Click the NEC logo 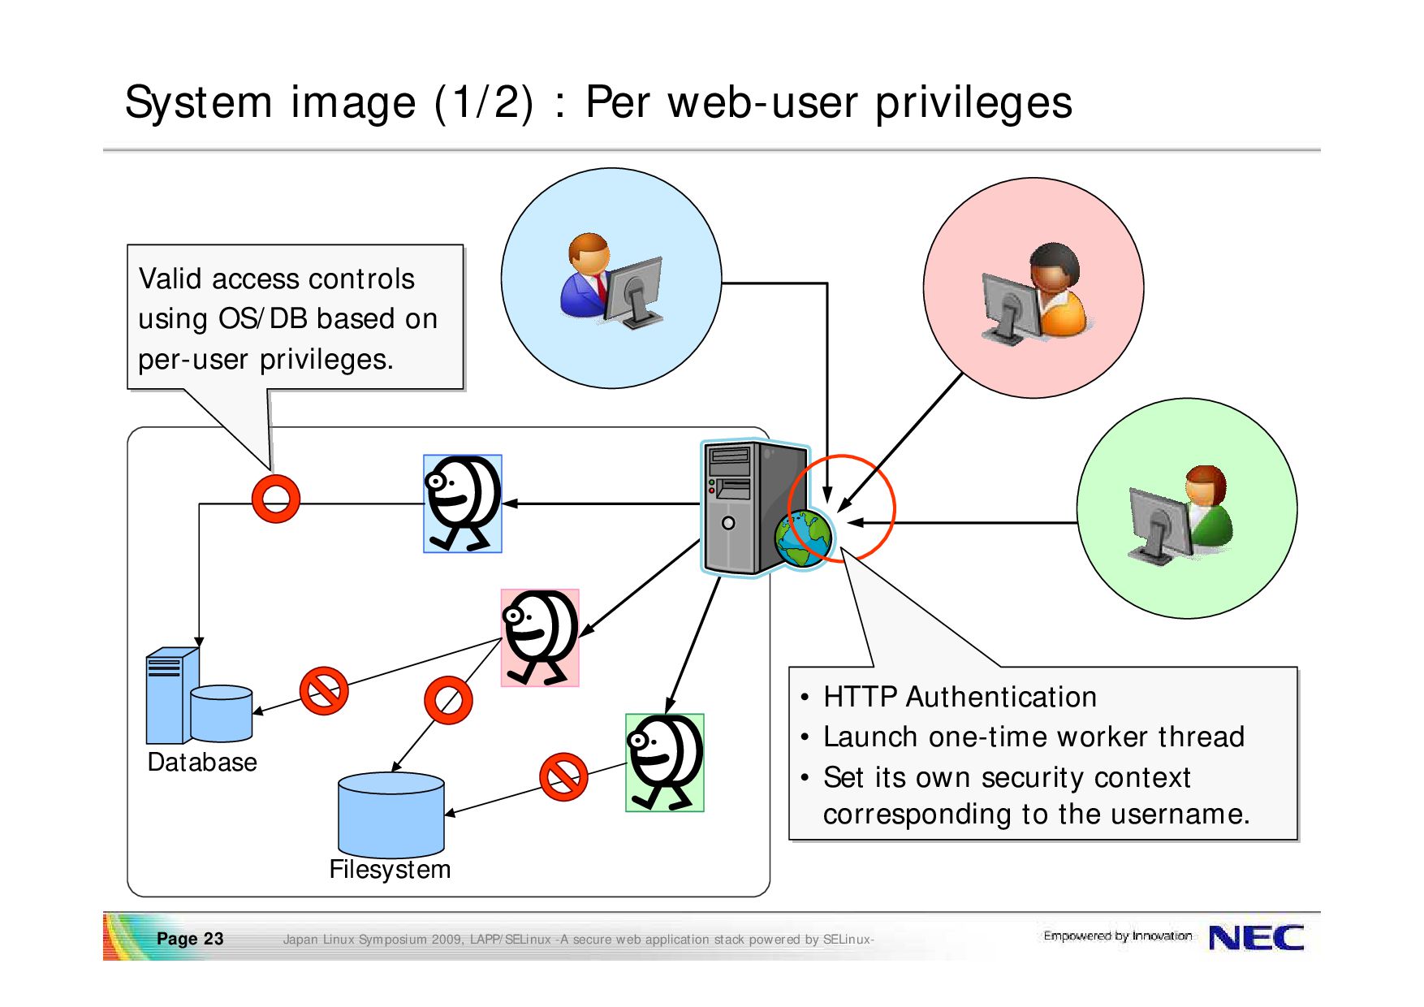[x=1256, y=938]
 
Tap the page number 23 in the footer [x=214, y=939]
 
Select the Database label [x=202, y=763]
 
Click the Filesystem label [x=390, y=870]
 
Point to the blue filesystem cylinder [x=391, y=814]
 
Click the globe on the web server [x=803, y=538]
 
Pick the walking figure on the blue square [x=463, y=503]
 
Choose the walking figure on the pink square [x=540, y=638]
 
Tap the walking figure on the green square [x=665, y=763]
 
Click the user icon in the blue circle [x=611, y=281]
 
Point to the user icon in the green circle [x=1181, y=515]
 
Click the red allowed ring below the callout [x=276, y=499]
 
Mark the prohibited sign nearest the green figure [x=563, y=777]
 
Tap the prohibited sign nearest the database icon [x=324, y=691]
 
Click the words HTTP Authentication [x=960, y=698]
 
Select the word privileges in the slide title [x=973, y=103]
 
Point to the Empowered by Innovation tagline [x=1118, y=936]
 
